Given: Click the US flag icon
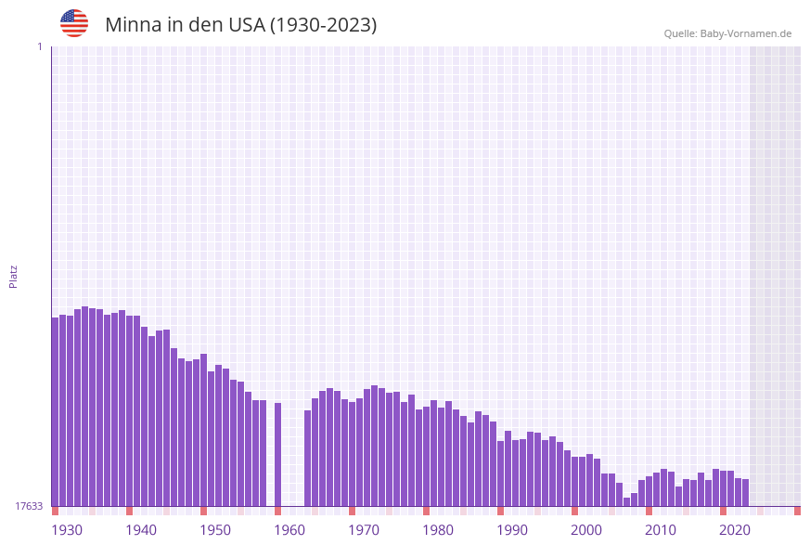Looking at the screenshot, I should pyautogui.click(x=74, y=23).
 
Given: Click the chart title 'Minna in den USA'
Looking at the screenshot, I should pyautogui.click(x=240, y=25).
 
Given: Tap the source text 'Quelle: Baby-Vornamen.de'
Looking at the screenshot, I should pyautogui.click(x=727, y=34).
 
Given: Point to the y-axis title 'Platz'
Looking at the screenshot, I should pyautogui.click(x=14, y=276).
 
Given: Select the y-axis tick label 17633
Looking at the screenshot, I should pyautogui.click(x=30, y=506).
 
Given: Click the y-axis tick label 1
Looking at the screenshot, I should pyautogui.click(x=39, y=46).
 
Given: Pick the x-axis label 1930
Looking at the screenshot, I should pyautogui.click(x=67, y=530).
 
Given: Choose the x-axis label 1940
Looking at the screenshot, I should pyautogui.click(x=141, y=530).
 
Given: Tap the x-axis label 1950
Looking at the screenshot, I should pyautogui.click(x=215, y=530).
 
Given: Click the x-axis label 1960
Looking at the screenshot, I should pyautogui.click(x=289, y=530).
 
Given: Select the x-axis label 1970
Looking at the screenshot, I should pyautogui.click(x=364, y=530).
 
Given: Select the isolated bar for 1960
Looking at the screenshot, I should pyautogui.click(x=277, y=454).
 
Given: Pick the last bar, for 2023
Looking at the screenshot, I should pyautogui.click(x=745, y=492).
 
